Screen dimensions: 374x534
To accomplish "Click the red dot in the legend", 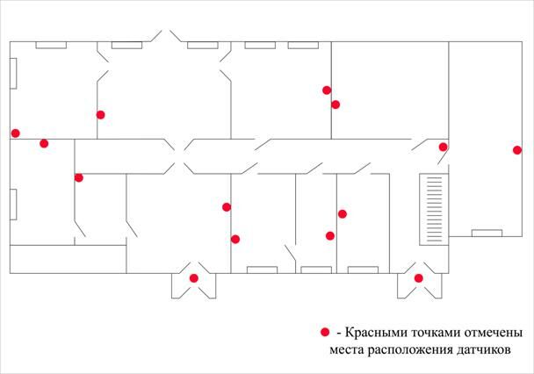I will [325, 332].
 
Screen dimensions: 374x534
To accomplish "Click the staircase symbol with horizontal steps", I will [432, 203].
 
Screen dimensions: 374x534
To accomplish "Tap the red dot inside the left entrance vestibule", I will [194, 278].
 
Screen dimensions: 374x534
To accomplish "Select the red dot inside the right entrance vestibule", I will [419, 278].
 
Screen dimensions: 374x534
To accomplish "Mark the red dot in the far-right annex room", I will [517, 150].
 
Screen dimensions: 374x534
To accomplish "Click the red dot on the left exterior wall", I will [15, 133].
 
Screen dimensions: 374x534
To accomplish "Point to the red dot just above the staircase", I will [443, 147].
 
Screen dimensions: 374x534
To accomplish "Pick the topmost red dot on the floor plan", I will [327, 90].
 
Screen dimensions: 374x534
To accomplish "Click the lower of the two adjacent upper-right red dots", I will [336, 105].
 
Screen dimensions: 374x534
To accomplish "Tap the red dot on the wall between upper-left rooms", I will [100, 114].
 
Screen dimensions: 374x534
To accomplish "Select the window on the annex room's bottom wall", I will [487, 233].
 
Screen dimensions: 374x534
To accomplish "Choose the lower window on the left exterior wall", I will [14, 204].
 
